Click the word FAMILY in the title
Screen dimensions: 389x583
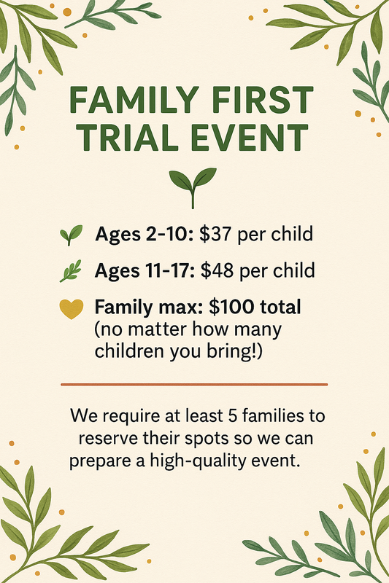tap(133, 100)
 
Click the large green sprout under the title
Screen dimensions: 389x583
tap(193, 187)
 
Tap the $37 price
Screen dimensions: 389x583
tap(215, 234)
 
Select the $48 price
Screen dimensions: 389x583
tap(217, 270)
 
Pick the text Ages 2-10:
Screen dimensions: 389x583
tap(144, 235)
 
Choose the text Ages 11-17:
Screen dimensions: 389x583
tap(145, 271)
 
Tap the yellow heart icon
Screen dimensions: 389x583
tap(72, 308)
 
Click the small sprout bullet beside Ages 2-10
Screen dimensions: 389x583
tap(71, 235)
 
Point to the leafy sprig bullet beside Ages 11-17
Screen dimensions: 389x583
tap(71, 271)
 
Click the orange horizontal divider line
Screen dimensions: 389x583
tap(194, 385)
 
